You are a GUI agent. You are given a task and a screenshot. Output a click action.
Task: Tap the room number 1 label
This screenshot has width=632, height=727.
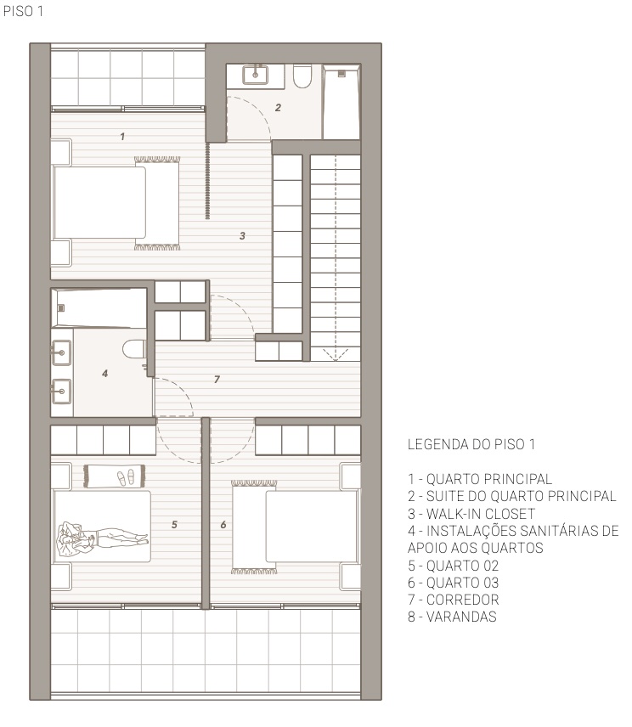pyautogui.click(x=122, y=135)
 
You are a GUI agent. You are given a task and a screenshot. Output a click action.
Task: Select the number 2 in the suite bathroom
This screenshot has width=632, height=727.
pyautogui.click(x=277, y=107)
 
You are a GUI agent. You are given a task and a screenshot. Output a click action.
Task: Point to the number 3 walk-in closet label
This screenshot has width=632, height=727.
pyautogui.click(x=242, y=236)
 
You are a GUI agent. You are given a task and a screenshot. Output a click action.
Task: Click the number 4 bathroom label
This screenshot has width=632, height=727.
pyautogui.click(x=104, y=372)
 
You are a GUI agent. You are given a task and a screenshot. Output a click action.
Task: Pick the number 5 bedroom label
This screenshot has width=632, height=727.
pyautogui.click(x=174, y=525)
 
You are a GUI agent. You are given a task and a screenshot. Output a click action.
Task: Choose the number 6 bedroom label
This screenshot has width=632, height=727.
pyautogui.click(x=223, y=525)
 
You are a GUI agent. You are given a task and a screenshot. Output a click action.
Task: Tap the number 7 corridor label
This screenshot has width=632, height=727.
pyautogui.click(x=217, y=379)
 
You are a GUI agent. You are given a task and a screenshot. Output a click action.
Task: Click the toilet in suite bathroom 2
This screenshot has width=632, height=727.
pyautogui.click(x=301, y=78)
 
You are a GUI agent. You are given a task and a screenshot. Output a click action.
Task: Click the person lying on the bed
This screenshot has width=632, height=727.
pyautogui.click(x=102, y=537)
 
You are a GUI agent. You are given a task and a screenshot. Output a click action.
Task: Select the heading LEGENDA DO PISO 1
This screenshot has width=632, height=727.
pyautogui.click(x=473, y=444)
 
